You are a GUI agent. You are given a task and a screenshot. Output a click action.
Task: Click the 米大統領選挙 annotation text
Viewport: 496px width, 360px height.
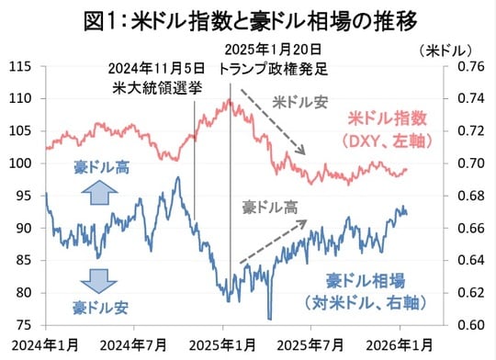(x=150, y=87)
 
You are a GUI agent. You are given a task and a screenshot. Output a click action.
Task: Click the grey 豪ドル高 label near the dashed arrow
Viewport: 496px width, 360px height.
(x=270, y=208)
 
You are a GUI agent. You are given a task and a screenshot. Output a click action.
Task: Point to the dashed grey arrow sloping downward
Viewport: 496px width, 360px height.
(x=273, y=118)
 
